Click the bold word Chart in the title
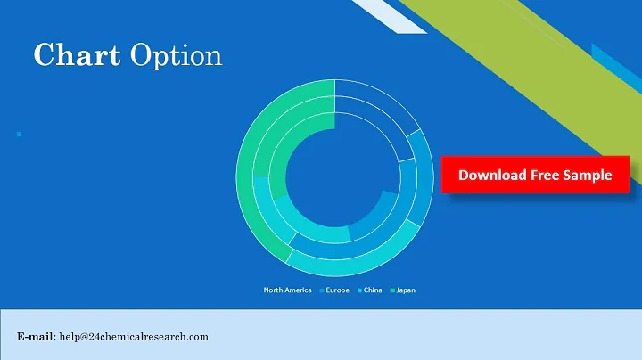click(x=76, y=55)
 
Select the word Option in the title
click(x=175, y=57)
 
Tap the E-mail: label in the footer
click(x=37, y=336)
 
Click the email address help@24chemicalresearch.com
click(x=134, y=336)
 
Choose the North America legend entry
click(x=287, y=290)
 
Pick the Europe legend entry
click(x=334, y=290)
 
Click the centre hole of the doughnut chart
click(x=334, y=178)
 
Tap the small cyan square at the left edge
click(x=20, y=134)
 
